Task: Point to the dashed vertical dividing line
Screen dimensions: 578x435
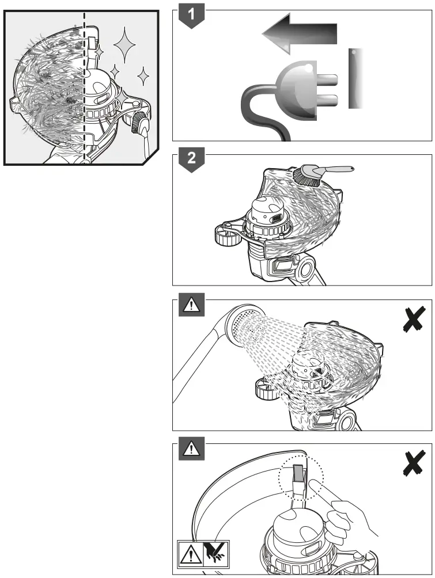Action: pos(85,86)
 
